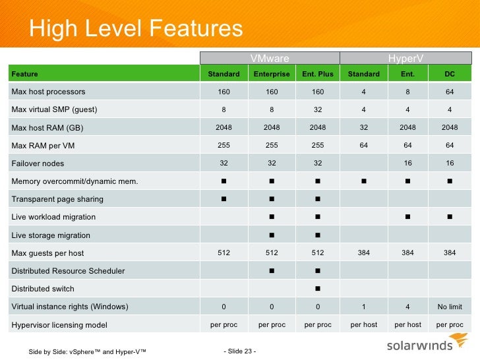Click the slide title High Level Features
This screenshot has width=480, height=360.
(136, 28)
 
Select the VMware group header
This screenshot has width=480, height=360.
(270, 59)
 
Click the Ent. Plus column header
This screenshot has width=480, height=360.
(318, 74)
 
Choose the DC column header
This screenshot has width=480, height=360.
(450, 74)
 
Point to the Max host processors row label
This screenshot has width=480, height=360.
(49, 92)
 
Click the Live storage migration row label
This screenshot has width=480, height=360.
(51, 235)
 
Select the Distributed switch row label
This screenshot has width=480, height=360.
(43, 289)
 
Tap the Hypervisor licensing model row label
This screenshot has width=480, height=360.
(59, 324)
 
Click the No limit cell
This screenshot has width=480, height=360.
(450, 307)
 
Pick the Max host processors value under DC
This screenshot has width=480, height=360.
(450, 92)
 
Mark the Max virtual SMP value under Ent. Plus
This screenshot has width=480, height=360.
(318, 109)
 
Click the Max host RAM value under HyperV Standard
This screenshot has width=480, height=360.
(364, 127)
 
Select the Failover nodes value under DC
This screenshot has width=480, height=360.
(450, 163)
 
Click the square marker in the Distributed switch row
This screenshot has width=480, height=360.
(318, 289)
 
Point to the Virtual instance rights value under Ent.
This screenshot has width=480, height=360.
(407, 307)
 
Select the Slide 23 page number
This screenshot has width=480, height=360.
(240, 350)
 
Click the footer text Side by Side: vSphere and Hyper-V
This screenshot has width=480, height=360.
(87, 351)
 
